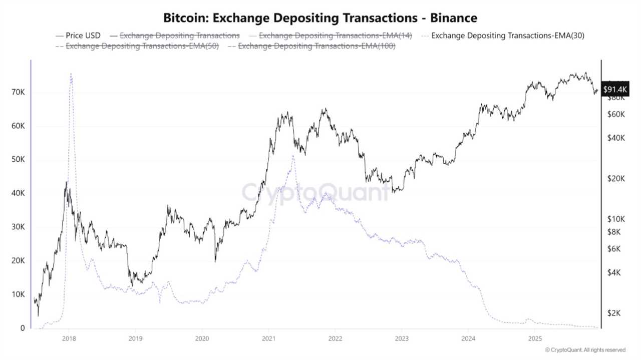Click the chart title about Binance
pos(320,18)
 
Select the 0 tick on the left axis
pos(23,328)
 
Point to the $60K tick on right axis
pos(615,114)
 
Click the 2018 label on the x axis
pos(69,338)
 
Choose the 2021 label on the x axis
pos(268,338)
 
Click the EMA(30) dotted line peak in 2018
pos(71,74)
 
